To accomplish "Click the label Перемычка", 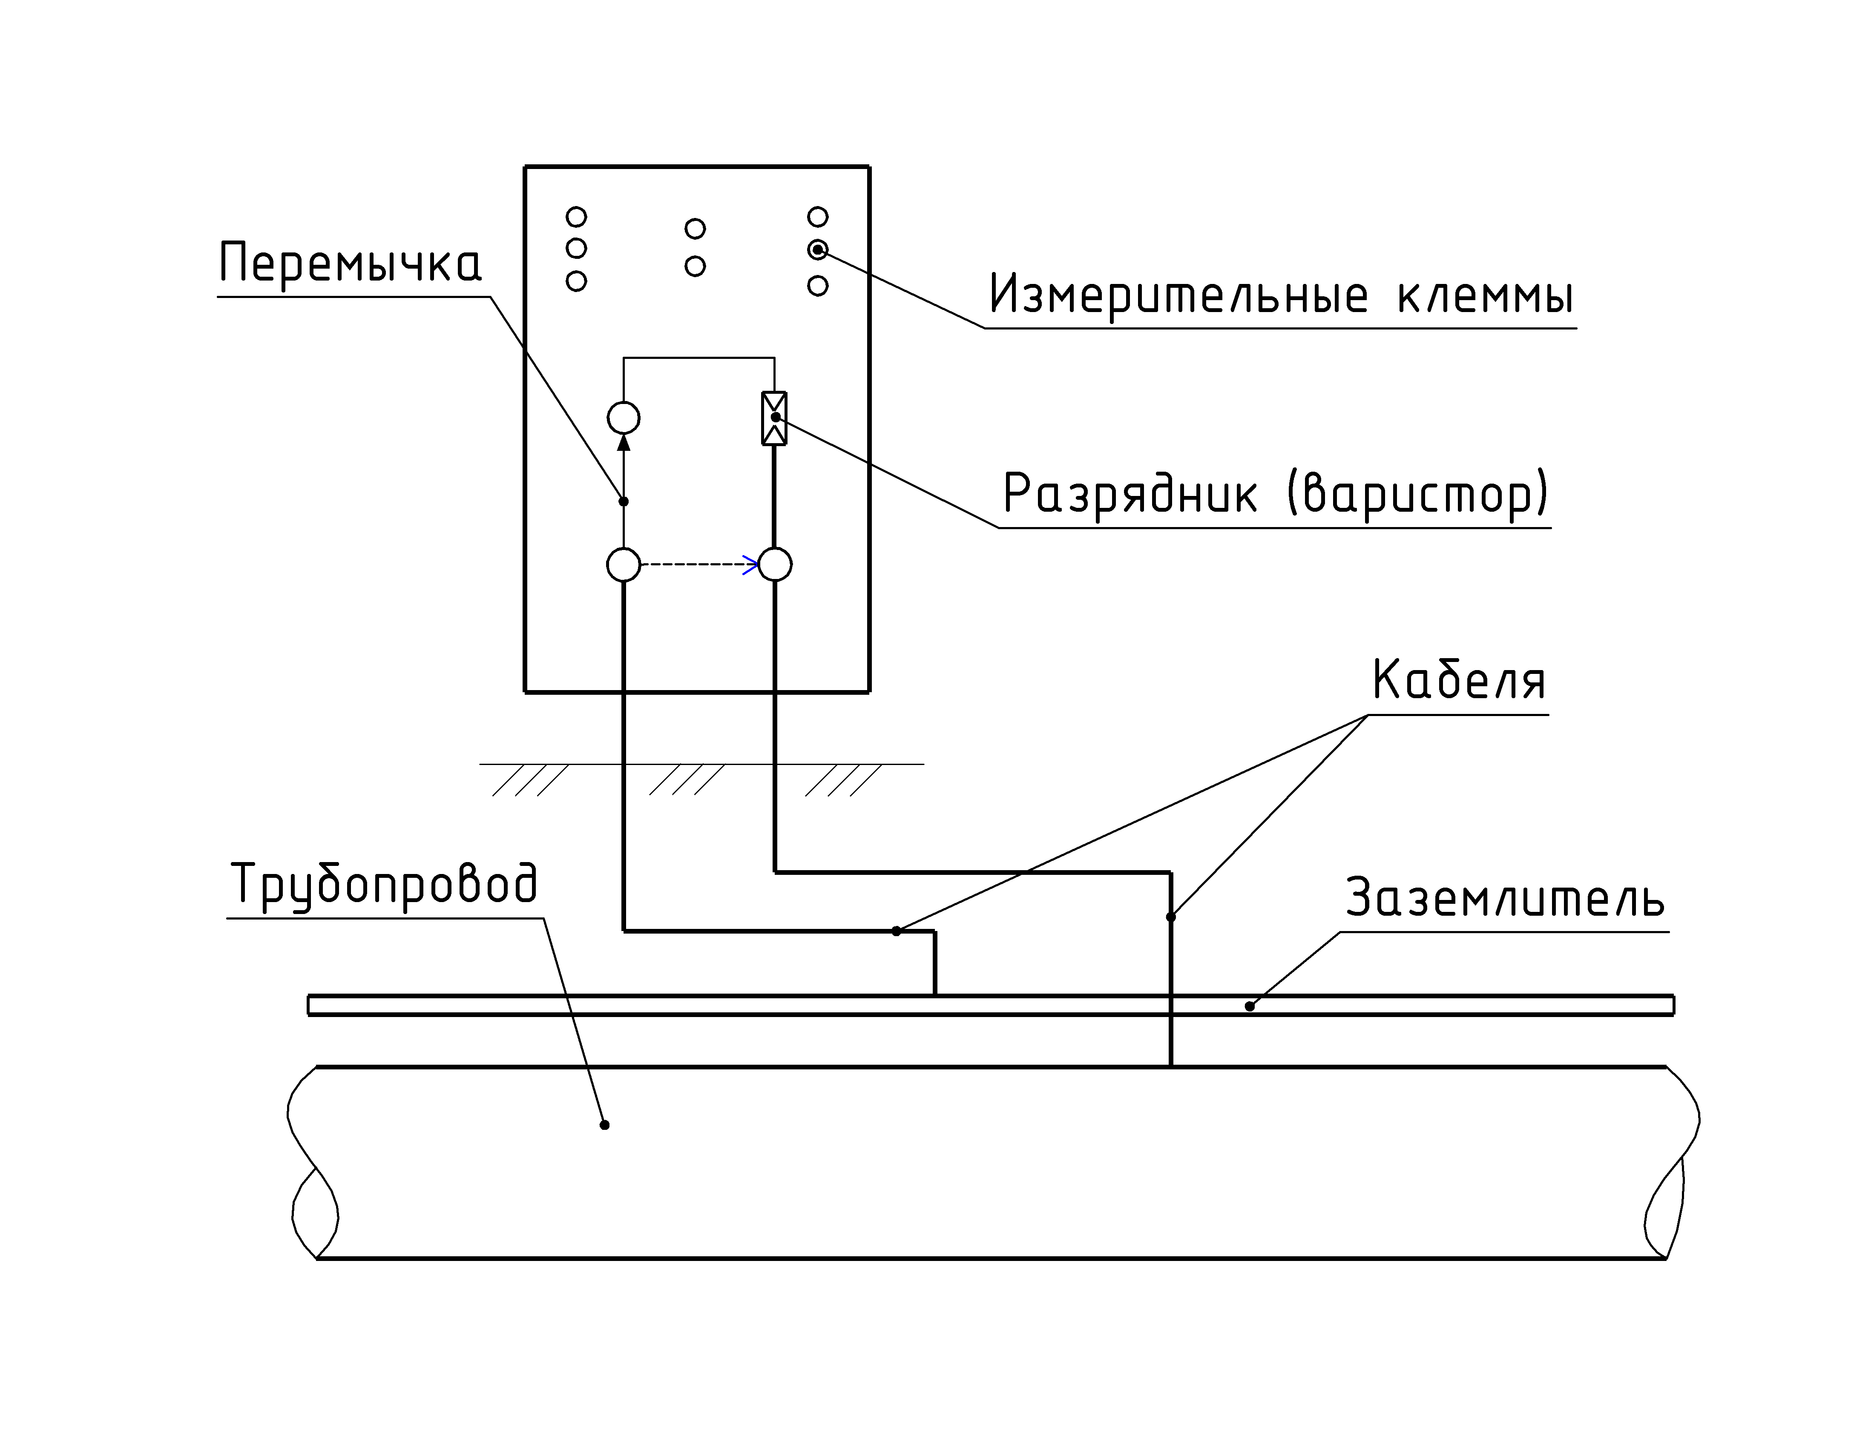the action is tap(350, 264).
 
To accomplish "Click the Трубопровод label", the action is tap(385, 884).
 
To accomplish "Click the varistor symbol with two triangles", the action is tap(774, 418).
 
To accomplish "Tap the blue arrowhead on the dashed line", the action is tap(751, 564).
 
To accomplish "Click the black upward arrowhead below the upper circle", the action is tap(624, 442).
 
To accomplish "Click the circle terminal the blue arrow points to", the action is tap(775, 564).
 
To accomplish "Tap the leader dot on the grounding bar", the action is tap(1249, 1006).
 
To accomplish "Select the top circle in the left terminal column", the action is tap(577, 216).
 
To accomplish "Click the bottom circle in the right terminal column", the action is tap(818, 286).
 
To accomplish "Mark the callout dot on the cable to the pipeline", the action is tap(1170, 917).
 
